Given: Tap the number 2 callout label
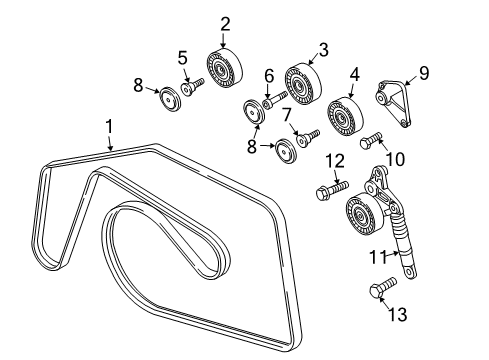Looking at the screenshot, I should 226,23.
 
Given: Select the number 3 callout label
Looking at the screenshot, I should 322,48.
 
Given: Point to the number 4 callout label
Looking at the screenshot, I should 355,74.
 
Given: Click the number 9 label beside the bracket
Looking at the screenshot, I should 424,72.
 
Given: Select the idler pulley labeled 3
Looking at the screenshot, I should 300,82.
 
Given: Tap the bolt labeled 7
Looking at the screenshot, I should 306,136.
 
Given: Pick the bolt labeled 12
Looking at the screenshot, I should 329,186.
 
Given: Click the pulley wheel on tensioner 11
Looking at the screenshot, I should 357,215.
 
